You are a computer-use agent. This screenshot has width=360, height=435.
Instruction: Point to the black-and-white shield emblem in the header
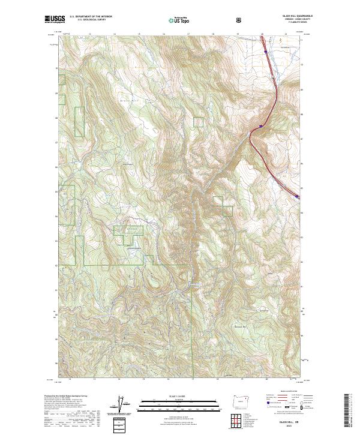240,20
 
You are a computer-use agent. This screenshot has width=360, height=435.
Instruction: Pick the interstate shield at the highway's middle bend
261,125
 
